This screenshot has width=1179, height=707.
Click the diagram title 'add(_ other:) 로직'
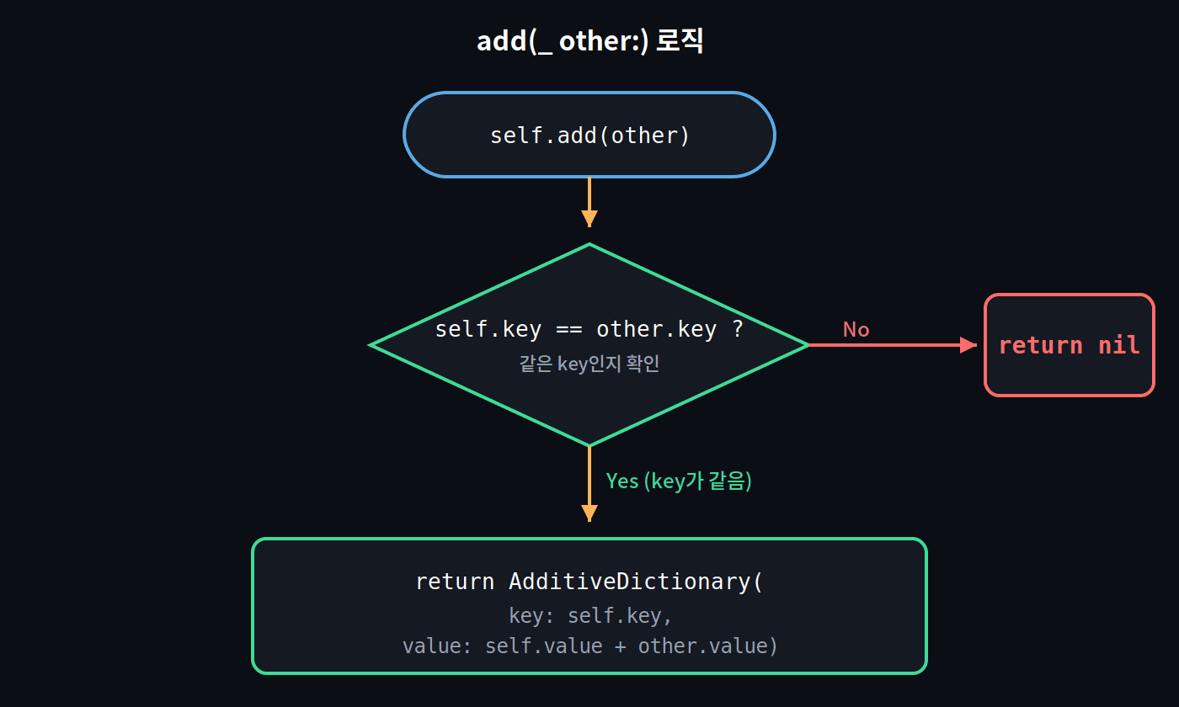point(589,41)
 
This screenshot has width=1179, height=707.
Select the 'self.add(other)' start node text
point(589,136)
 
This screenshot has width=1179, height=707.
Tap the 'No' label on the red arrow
point(856,330)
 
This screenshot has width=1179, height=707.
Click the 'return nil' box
point(1069,345)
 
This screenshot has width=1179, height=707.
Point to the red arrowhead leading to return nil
point(968,345)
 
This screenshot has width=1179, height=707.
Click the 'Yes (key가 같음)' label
point(679,481)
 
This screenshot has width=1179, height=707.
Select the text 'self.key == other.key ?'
point(589,329)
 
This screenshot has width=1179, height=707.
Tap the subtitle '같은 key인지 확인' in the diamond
point(589,364)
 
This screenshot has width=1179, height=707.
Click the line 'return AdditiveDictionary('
point(589,582)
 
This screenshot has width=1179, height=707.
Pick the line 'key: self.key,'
point(590,615)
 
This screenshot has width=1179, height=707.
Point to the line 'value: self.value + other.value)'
point(589,646)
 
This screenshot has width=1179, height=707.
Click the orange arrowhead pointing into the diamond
point(589,218)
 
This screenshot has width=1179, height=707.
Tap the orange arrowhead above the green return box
point(589,513)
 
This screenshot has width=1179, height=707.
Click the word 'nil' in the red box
point(1119,346)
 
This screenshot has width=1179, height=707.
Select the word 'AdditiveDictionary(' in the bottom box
point(636,582)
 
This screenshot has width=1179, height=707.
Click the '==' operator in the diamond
point(569,330)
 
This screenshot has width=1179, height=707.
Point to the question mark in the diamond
point(738,329)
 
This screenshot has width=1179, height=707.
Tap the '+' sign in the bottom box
point(620,646)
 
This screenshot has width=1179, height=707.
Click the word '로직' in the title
point(680,40)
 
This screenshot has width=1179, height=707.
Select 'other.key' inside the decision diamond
point(656,330)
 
